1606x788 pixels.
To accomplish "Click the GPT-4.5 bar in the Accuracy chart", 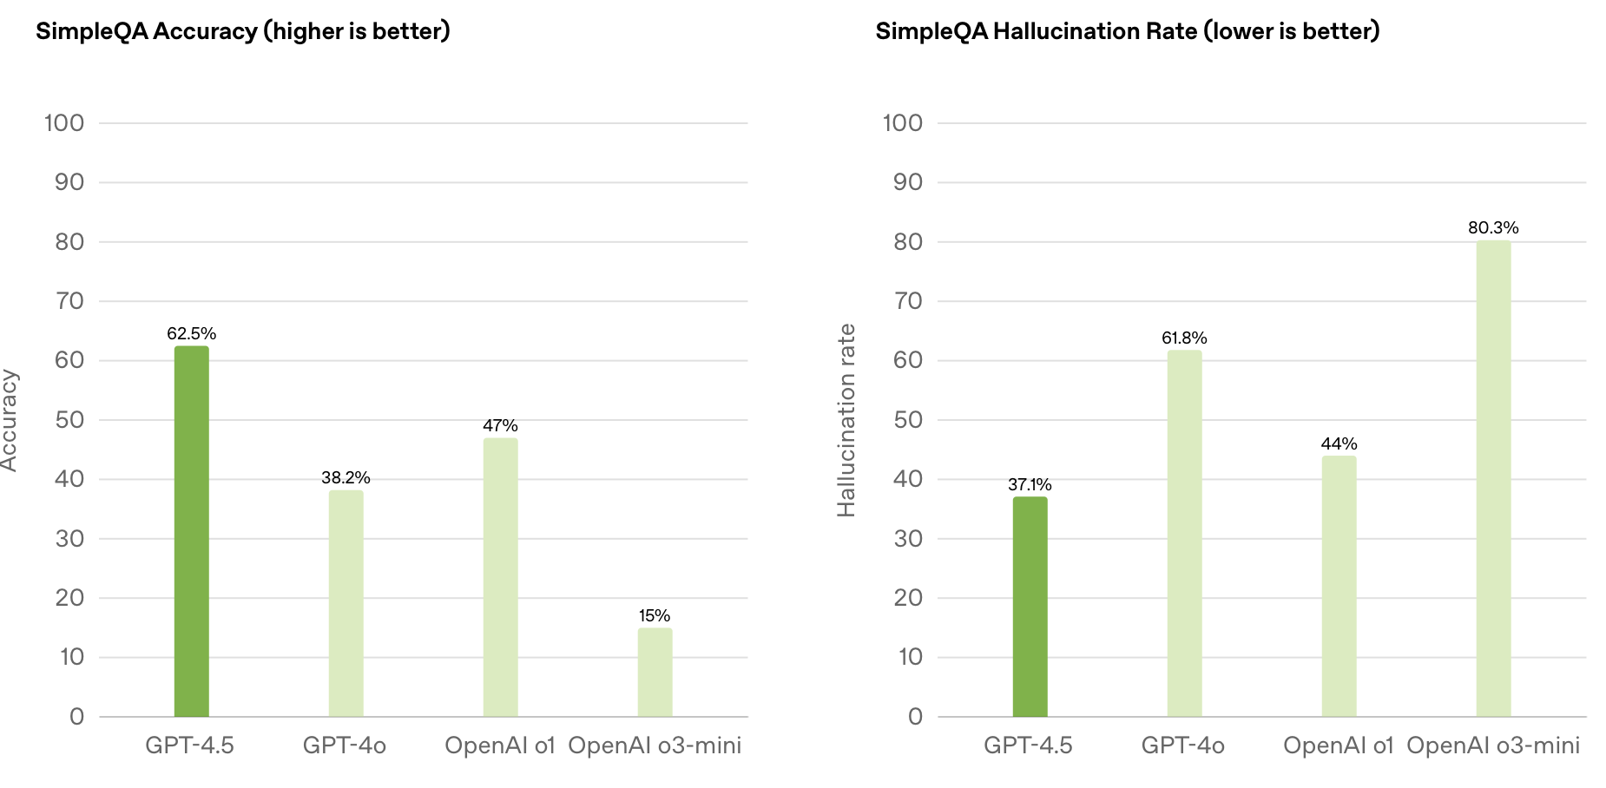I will (191, 531).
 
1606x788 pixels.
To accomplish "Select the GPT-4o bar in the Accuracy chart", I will (346, 603).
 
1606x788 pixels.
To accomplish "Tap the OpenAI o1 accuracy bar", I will (500, 577).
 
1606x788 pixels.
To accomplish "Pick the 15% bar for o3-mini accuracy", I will (655, 672).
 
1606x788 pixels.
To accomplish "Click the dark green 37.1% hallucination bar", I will (1030, 607).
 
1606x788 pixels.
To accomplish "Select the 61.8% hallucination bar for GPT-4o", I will (1184, 533).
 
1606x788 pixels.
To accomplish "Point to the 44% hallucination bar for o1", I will (1339, 586).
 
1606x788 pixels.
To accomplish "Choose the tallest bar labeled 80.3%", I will (1493, 478).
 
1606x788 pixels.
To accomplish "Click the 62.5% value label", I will (191, 334).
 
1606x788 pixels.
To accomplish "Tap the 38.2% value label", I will (346, 478).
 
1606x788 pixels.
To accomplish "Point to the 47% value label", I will (500, 426).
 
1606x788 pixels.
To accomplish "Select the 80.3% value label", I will (1493, 228).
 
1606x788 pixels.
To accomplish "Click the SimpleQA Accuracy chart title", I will (243, 31).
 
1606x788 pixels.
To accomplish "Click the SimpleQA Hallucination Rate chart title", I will (1127, 31).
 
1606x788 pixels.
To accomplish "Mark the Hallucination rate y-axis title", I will (846, 420).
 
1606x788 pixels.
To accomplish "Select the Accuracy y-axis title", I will (9, 420).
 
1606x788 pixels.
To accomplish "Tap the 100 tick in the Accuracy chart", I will (64, 123).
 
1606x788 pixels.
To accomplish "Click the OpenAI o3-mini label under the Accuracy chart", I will (655, 745).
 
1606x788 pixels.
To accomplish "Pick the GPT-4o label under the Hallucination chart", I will (1182, 745).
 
